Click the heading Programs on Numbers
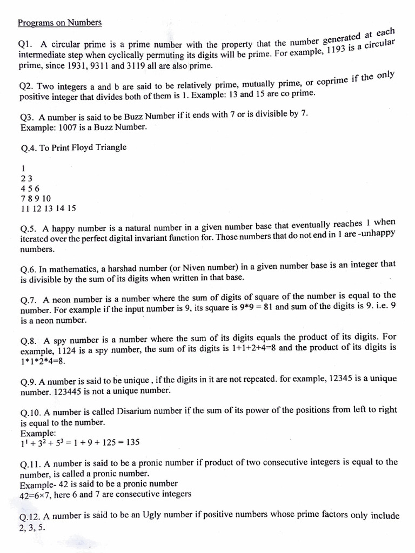click(x=59, y=23)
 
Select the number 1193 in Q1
click(x=332, y=49)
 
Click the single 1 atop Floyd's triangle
click(x=23, y=168)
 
